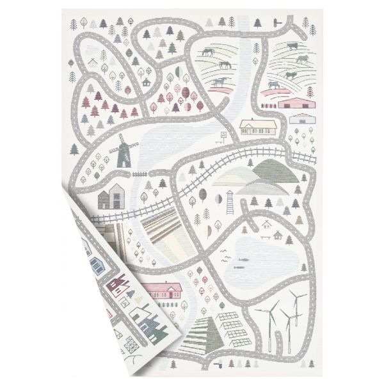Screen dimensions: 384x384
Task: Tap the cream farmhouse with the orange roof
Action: (x=259, y=126)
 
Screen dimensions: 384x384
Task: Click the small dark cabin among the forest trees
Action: (x=147, y=82)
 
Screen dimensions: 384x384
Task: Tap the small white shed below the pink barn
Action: (x=299, y=119)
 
